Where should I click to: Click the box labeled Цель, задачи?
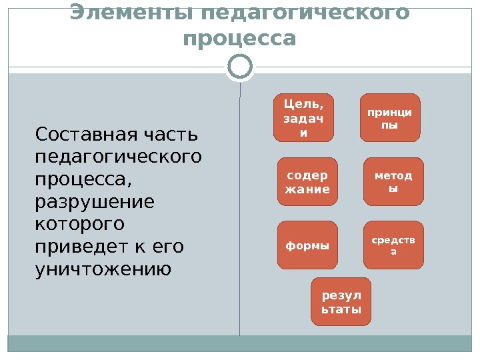[303, 117]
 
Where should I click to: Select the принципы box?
[391, 117]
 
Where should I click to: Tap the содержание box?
[307, 181]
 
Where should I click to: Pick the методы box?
[393, 181]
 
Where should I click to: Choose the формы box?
[307, 245]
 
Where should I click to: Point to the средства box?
[393, 245]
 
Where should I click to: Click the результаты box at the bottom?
[341, 301]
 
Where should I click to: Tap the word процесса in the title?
[239, 39]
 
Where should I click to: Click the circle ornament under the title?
[240, 67]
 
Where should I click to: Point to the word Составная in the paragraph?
[76, 135]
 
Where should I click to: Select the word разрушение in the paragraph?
[93, 201]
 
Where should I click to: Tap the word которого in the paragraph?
[79, 224]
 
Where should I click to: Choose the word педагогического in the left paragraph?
[117, 157]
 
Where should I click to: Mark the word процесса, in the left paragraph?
[83, 179]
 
